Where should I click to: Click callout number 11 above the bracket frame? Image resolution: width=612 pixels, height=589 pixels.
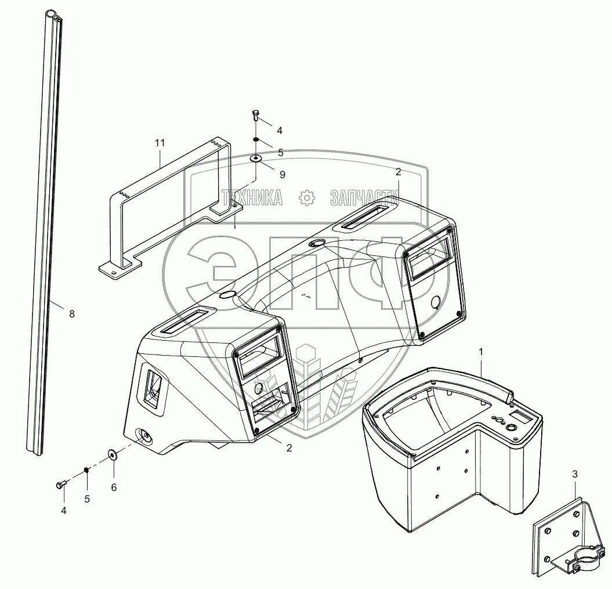[x=160, y=143]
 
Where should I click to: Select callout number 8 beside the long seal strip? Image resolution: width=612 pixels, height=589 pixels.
[x=72, y=314]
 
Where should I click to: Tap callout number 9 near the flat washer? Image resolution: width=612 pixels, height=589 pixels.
[x=282, y=175]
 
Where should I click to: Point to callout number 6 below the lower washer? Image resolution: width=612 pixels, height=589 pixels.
[x=114, y=487]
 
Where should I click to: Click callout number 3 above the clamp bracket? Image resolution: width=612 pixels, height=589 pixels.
[x=575, y=474]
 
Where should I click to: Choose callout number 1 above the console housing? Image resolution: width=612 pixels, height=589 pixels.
[x=481, y=352]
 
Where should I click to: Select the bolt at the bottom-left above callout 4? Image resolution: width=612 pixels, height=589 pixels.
[x=61, y=485]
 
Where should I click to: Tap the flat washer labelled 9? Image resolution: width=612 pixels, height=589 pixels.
[x=256, y=158]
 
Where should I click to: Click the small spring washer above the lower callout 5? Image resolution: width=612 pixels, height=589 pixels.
[x=87, y=470]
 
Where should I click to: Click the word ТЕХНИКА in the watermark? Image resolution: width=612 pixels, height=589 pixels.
[x=251, y=198]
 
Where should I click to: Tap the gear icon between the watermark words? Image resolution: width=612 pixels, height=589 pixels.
[x=307, y=198]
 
